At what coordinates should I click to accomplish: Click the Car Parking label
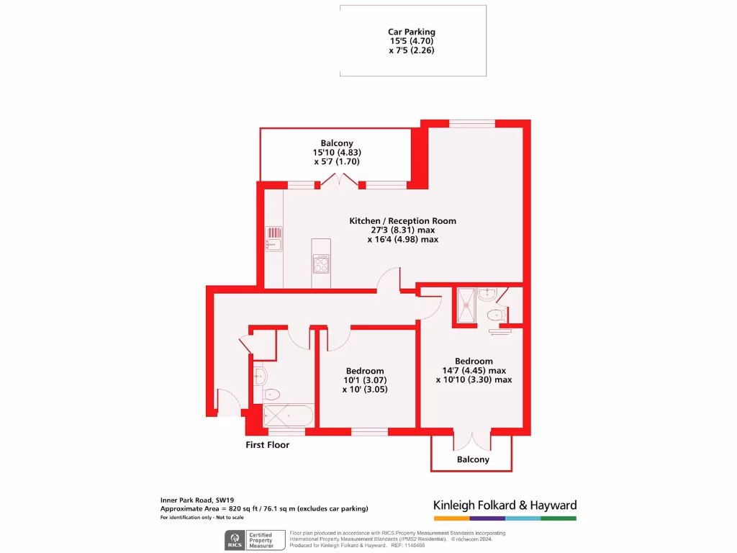[412, 32]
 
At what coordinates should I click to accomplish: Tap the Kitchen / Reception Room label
[402, 220]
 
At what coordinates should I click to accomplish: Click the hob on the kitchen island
[321, 264]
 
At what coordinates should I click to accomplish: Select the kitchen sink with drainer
[274, 238]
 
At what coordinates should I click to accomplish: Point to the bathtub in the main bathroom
[288, 415]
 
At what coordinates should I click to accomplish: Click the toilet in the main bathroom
[270, 394]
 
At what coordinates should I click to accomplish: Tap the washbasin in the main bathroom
[261, 375]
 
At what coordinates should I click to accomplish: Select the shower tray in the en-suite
[466, 306]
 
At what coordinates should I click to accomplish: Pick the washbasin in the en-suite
[486, 293]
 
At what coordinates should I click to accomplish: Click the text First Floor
[267, 445]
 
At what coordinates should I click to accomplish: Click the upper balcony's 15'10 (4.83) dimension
[337, 153]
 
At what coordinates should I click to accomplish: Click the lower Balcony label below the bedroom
[473, 459]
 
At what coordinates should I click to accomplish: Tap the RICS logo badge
[235, 539]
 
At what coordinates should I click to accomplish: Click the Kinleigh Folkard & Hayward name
[505, 505]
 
